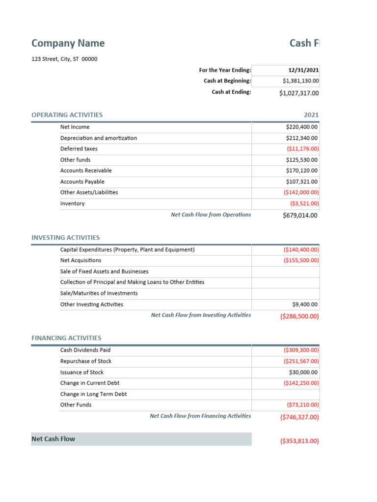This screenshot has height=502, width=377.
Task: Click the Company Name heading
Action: pyautogui.click(x=68, y=43)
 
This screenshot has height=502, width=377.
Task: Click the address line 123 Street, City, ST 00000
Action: pyautogui.click(x=64, y=59)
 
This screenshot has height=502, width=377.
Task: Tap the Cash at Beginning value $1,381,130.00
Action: pyautogui.click(x=300, y=81)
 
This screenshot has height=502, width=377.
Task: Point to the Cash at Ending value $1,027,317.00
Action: pyautogui.click(x=298, y=93)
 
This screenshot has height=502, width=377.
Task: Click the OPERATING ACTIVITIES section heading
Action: pyautogui.click(x=67, y=115)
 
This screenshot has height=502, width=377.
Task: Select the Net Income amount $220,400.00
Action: pyautogui.click(x=301, y=127)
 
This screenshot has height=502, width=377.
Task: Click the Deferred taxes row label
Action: pyautogui.click(x=79, y=149)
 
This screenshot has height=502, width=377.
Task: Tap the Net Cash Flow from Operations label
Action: pyautogui.click(x=211, y=214)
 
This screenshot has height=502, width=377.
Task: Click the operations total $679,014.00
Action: pyautogui.click(x=300, y=215)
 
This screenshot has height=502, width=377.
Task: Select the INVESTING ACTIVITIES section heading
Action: pyautogui.click(x=65, y=237)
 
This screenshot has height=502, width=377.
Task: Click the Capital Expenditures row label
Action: pyautogui.click(x=127, y=250)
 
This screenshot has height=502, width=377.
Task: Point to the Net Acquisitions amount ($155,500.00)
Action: pyautogui.click(x=301, y=260)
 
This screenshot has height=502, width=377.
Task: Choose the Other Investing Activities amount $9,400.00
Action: pyautogui.click(x=305, y=304)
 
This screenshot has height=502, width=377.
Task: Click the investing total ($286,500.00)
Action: pyautogui.click(x=299, y=316)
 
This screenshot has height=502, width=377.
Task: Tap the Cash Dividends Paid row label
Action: pyautogui.click(x=85, y=350)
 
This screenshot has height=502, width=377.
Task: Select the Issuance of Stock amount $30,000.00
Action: pyautogui.click(x=303, y=372)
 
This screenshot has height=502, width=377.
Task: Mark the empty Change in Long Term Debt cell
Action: pyautogui.click(x=285, y=394)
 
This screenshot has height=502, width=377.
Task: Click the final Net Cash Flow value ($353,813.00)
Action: pyautogui.click(x=299, y=441)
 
